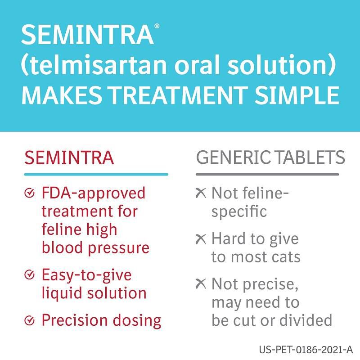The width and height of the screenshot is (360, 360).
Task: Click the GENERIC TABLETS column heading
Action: [270, 157]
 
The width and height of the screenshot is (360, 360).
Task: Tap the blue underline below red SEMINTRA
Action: [96, 174]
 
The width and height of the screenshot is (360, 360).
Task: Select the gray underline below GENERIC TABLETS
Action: [267, 174]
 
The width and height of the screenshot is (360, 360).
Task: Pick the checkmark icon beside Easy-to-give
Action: [29, 274]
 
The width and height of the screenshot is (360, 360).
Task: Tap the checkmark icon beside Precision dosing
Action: [29, 320]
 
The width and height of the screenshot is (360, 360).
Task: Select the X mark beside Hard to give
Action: [201, 239]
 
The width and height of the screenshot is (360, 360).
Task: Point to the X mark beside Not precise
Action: [201, 284]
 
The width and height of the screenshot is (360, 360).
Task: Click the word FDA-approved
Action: [94, 193]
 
